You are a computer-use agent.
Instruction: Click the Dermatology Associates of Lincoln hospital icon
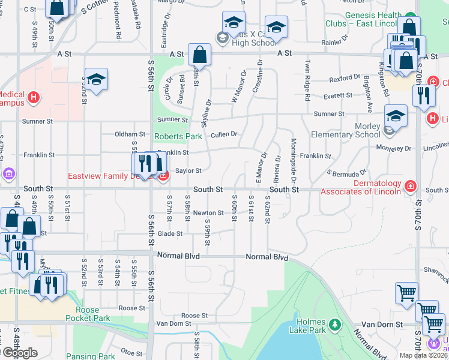pyautogui.click(x=411, y=185)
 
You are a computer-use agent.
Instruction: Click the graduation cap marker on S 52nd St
pyautogui.click(x=96, y=80)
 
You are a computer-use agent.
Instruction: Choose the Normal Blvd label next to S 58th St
pyautogui.click(x=178, y=256)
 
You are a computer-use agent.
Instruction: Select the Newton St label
pyautogui.click(x=208, y=213)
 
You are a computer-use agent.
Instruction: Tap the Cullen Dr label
pyautogui.click(x=224, y=134)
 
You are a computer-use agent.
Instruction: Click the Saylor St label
pyautogui.click(x=188, y=171)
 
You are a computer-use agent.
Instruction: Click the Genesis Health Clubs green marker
pyautogui.click(x=411, y=16)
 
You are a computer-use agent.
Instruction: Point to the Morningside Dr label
pyautogui.click(x=294, y=160)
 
